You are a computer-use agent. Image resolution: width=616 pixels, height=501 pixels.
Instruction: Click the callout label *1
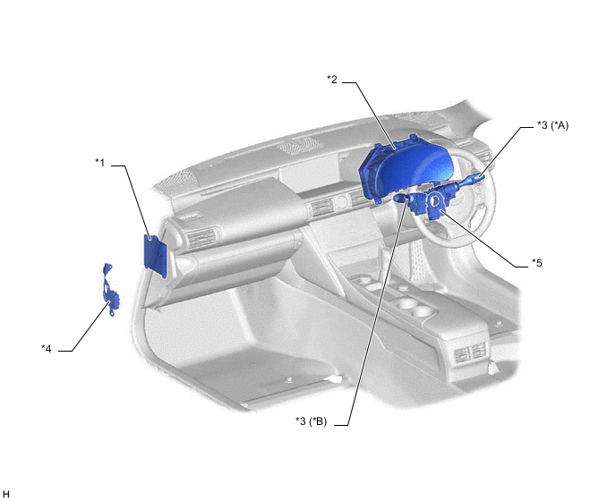[100, 162]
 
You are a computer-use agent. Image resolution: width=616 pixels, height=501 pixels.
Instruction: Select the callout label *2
[332, 80]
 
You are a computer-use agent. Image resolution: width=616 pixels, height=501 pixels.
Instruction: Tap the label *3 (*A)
[552, 125]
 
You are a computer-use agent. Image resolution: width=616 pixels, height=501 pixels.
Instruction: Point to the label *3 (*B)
[312, 421]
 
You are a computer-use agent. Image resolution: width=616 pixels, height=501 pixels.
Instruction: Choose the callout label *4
[47, 348]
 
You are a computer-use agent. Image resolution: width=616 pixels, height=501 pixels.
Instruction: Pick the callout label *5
[537, 263]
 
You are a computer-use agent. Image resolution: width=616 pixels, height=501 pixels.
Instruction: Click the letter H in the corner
[5, 494]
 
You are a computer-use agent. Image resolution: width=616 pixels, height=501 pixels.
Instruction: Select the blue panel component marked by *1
[156, 256]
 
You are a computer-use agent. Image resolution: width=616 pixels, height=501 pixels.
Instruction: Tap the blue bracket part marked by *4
[109, 291]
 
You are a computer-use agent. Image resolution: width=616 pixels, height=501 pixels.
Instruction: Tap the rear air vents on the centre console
[471, 352]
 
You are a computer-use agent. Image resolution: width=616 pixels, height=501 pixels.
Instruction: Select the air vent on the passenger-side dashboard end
[201, 238]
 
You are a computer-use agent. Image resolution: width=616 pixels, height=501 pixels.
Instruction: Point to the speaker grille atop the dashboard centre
[301, 146]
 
